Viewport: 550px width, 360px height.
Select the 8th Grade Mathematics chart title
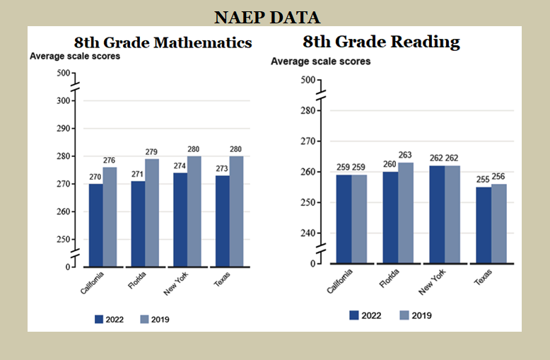pos(163,42)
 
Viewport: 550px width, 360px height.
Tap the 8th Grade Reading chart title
pos(381,42)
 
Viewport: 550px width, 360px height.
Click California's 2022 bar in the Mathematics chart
pos(95,225)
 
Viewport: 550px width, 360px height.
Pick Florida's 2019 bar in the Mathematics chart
pos(152,212)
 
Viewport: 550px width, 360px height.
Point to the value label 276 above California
pos(110,161)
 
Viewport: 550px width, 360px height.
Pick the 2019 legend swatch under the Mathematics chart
pos(145,319)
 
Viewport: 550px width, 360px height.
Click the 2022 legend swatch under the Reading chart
pos(354,315)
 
